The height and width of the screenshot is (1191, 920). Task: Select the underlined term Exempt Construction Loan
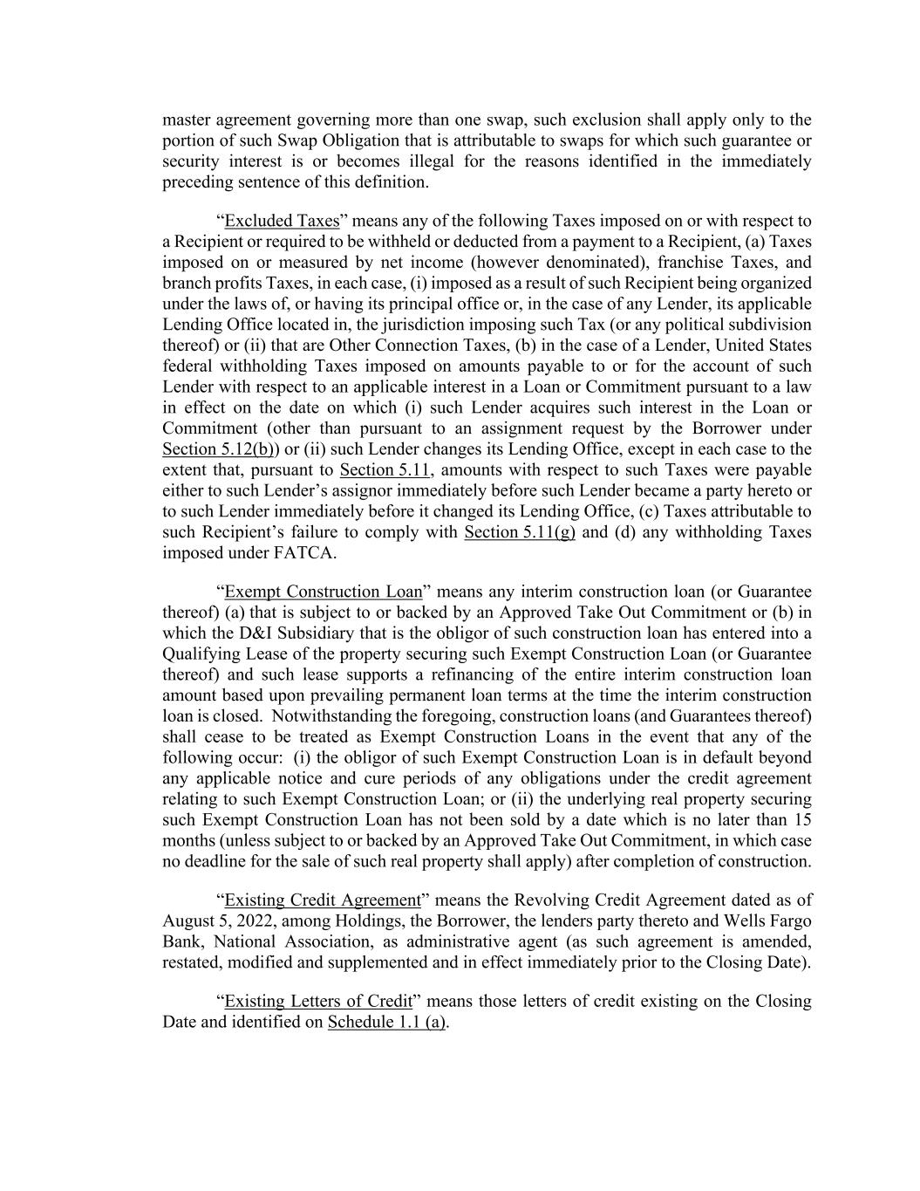pos(323,592)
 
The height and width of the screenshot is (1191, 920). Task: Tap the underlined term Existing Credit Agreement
pos(323,900)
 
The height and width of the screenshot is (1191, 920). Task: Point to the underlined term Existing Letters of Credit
pos(318,1001)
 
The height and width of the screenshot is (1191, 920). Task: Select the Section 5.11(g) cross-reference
pos(520,532)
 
